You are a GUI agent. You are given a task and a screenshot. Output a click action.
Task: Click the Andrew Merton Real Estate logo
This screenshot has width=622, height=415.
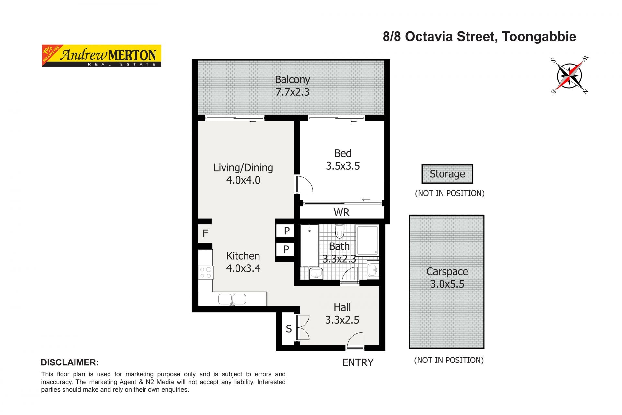tap(102, 56)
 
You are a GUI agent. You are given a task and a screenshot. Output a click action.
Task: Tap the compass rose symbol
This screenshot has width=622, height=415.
tap(570, 76)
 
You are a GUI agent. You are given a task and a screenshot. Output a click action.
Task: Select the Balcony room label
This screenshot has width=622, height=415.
tap(293, 79)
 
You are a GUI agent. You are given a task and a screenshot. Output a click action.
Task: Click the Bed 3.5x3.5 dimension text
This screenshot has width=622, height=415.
tap(343, 166)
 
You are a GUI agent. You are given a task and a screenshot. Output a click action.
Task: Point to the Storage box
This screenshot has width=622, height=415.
tap(447, 174)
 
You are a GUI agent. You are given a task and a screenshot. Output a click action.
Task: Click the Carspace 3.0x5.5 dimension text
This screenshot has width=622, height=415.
tap(447, 284)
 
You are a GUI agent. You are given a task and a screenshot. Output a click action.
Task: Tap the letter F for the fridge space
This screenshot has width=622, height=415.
tap(205, 233)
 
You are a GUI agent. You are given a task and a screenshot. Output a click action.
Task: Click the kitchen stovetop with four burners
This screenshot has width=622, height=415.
tap(206, 272)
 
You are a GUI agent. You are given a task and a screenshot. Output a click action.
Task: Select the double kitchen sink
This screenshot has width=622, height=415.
tap(232, 299)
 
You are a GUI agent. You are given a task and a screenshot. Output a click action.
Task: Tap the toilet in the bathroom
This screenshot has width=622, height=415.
tap(340, 231)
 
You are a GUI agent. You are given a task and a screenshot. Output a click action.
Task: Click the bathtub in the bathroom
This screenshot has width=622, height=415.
tap(310, 245)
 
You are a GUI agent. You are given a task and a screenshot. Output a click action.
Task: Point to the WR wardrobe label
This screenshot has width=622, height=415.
tap(341, 212)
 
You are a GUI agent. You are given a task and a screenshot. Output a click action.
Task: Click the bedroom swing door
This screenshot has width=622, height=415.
tap(305, 184)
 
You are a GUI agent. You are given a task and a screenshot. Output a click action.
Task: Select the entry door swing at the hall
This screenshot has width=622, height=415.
tap(355, 340)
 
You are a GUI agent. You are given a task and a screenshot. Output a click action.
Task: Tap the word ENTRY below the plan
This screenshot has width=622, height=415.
tap(358, 362)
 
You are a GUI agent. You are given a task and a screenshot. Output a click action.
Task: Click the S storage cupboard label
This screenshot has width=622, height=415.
tap(289, 329)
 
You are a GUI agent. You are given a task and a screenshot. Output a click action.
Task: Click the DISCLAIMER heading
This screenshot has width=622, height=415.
tap(70, 362)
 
